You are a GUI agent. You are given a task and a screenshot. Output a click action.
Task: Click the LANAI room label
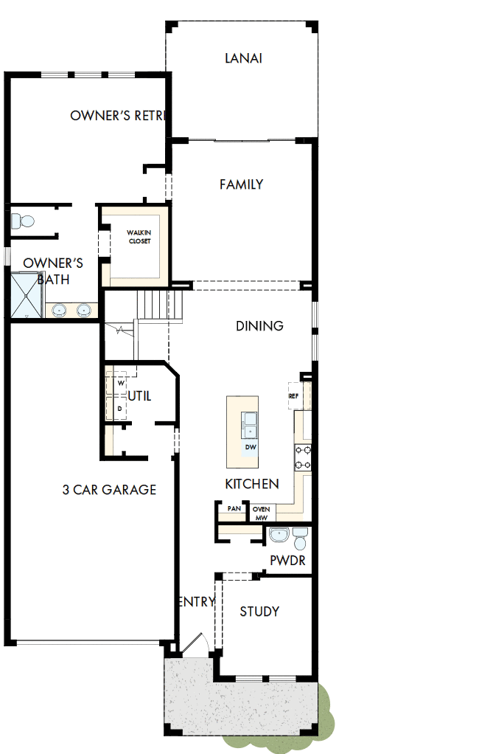pyautogui.click(x=243, y=58)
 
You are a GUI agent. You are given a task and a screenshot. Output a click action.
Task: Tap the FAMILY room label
pyautogui.click(x=241, y=184)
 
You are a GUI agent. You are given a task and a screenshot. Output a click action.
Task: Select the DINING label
pyautogui.click(x=259, y=326)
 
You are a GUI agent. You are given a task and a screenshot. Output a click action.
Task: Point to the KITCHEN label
pyautogui.click(x=252, y=484)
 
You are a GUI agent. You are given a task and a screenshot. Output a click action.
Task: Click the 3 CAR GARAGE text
pyautogui.click(x=109, y=489)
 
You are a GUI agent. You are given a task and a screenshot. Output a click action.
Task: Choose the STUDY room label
pyautogui.click(x=259, y=612)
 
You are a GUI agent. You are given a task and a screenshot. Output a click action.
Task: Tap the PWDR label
pyautogui.click(x=287, y=561)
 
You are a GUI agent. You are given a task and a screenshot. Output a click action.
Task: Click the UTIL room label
pyautogui.click(x=139, y=396)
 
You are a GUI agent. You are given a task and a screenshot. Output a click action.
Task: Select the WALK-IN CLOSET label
pyautogui.click(x=139, y=237)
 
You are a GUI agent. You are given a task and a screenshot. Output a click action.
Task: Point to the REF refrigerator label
pyautogui.click(x=293, y=396)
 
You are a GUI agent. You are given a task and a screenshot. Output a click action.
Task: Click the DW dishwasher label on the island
pyautogui.click(x=251, y=448)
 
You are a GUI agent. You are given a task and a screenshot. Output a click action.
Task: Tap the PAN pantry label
pyautogui.click(x=234, y=509)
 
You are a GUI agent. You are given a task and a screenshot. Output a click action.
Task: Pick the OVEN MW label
pyautogui.click(x=261, y=513)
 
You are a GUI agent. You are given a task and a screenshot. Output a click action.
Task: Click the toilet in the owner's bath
pyautogui.click(x=23, y=221)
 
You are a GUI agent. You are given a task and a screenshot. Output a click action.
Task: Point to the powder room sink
pyautogui.click(x=279, y=534)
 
